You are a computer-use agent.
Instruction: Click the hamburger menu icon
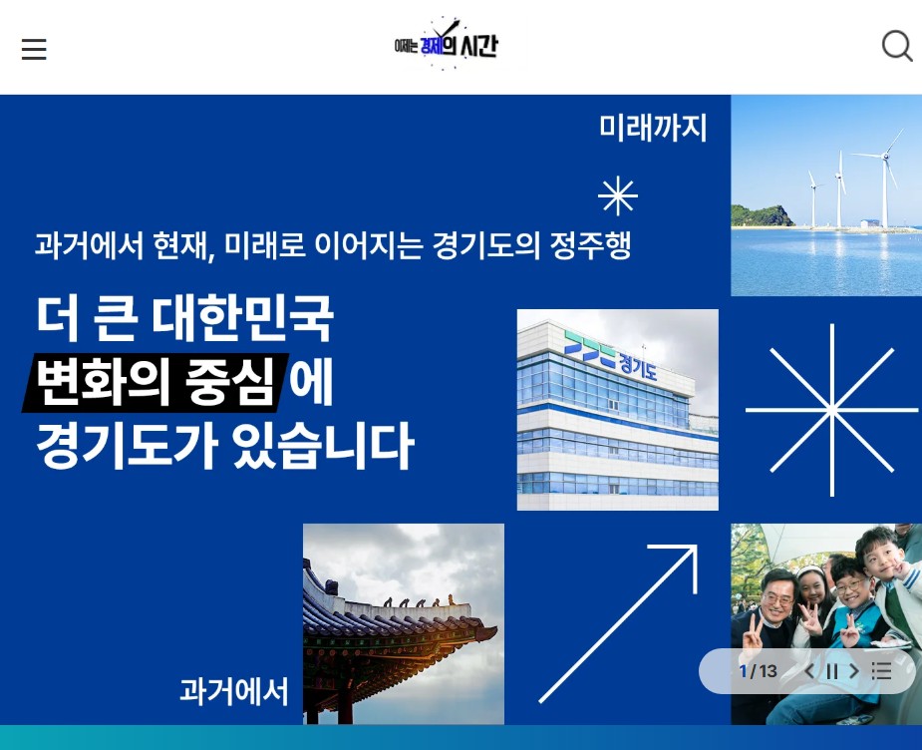click(x=34, y=50)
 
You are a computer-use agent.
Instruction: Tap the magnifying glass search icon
click(x=897, y=46)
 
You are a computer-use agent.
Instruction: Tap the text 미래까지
click(x=653, y=128)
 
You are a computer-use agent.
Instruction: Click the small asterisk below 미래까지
click(x=617, y=195)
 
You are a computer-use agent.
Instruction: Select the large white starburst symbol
click(x=832, y=410)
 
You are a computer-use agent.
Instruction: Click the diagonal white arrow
click(x=618, y=623)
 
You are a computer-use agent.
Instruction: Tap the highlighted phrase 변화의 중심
click(x=155, y=381)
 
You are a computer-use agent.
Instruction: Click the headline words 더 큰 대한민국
click(x=184, y=318)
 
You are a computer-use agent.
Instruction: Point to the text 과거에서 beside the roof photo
click(x=234, y=691)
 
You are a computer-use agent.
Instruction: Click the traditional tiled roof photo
click(x=404, y=623)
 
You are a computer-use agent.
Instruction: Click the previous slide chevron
click(x=809, y=671)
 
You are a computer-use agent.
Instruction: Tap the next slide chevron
click(x=854, y=671)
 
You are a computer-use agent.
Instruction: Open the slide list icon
click(x=881, y=671)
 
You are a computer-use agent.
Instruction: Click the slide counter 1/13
click(x=758, y=671)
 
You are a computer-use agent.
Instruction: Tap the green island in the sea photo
click(x=762, y=215)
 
